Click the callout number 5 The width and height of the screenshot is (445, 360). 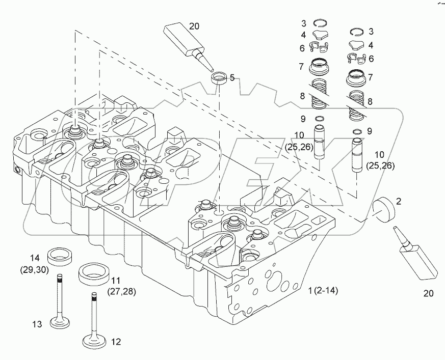point(232,78)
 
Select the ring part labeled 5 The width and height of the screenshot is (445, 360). point(219,78)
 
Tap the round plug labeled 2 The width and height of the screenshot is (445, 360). point(383,209)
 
